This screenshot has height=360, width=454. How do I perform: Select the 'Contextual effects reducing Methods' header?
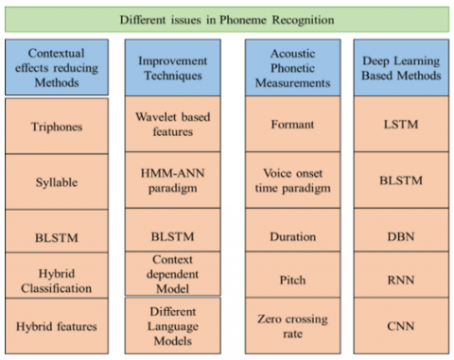(x=57, y=66)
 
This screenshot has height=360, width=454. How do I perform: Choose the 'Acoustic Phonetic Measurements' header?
(x=288, y=66)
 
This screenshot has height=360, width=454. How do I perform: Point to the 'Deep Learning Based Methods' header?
(x=402, y=66)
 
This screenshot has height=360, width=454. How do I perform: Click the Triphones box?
(x=57, y=124)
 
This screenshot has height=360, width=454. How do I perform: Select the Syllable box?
(x=57, y=180)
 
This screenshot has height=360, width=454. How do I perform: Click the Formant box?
(x=288, y=124)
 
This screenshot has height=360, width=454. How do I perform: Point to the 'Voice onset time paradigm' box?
(x=288, y=180)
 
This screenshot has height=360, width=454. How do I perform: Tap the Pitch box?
(x=288, y=281)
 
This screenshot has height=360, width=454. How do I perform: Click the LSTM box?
(x=402, y=124)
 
